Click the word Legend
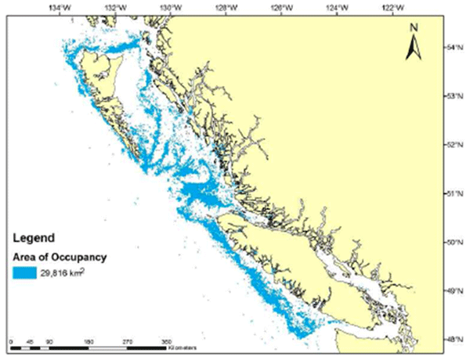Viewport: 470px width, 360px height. (32, 236)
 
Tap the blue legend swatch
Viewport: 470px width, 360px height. (27, 272)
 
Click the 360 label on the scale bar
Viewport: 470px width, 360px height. (166, 342)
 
